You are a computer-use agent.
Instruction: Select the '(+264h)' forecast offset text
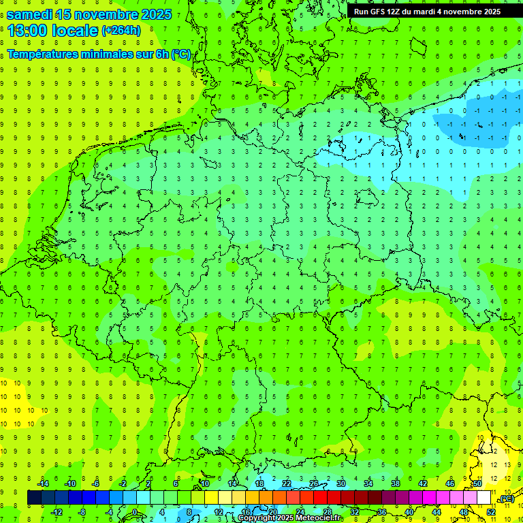click(x=121, y=31)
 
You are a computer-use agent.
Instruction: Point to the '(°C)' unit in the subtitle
click(x=181, y=54)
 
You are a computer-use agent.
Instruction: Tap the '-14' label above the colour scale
click(x=43, y=483)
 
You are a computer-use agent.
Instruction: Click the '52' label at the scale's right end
click(x=491, y=512)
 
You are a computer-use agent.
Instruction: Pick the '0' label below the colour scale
click(x=136, y=512)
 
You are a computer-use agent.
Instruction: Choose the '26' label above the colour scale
click(x=314, y=483)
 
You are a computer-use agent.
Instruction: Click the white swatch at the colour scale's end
click(x=484, y=498)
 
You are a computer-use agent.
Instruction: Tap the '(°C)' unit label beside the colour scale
click(x=507, y=499)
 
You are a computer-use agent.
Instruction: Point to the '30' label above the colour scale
click(x=341, y=483)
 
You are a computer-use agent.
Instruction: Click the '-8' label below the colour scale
click(x=82, y=512)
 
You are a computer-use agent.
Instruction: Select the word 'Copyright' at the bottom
click(x=257, y=518)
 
